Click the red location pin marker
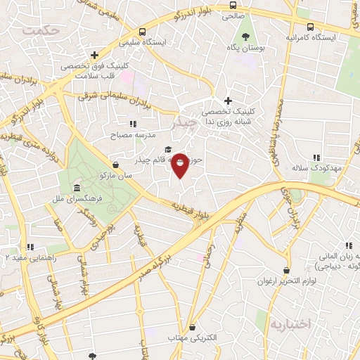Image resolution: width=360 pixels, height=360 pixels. click(180, 165)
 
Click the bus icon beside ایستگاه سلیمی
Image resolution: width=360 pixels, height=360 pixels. click(142, 32)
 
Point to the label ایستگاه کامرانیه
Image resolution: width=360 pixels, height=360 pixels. click(311, 37)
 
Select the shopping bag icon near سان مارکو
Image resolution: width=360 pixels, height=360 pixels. click(115, 165)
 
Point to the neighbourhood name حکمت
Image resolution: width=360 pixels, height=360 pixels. click(39, 30)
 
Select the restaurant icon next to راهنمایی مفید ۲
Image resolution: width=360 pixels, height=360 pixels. click(29, 247)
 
